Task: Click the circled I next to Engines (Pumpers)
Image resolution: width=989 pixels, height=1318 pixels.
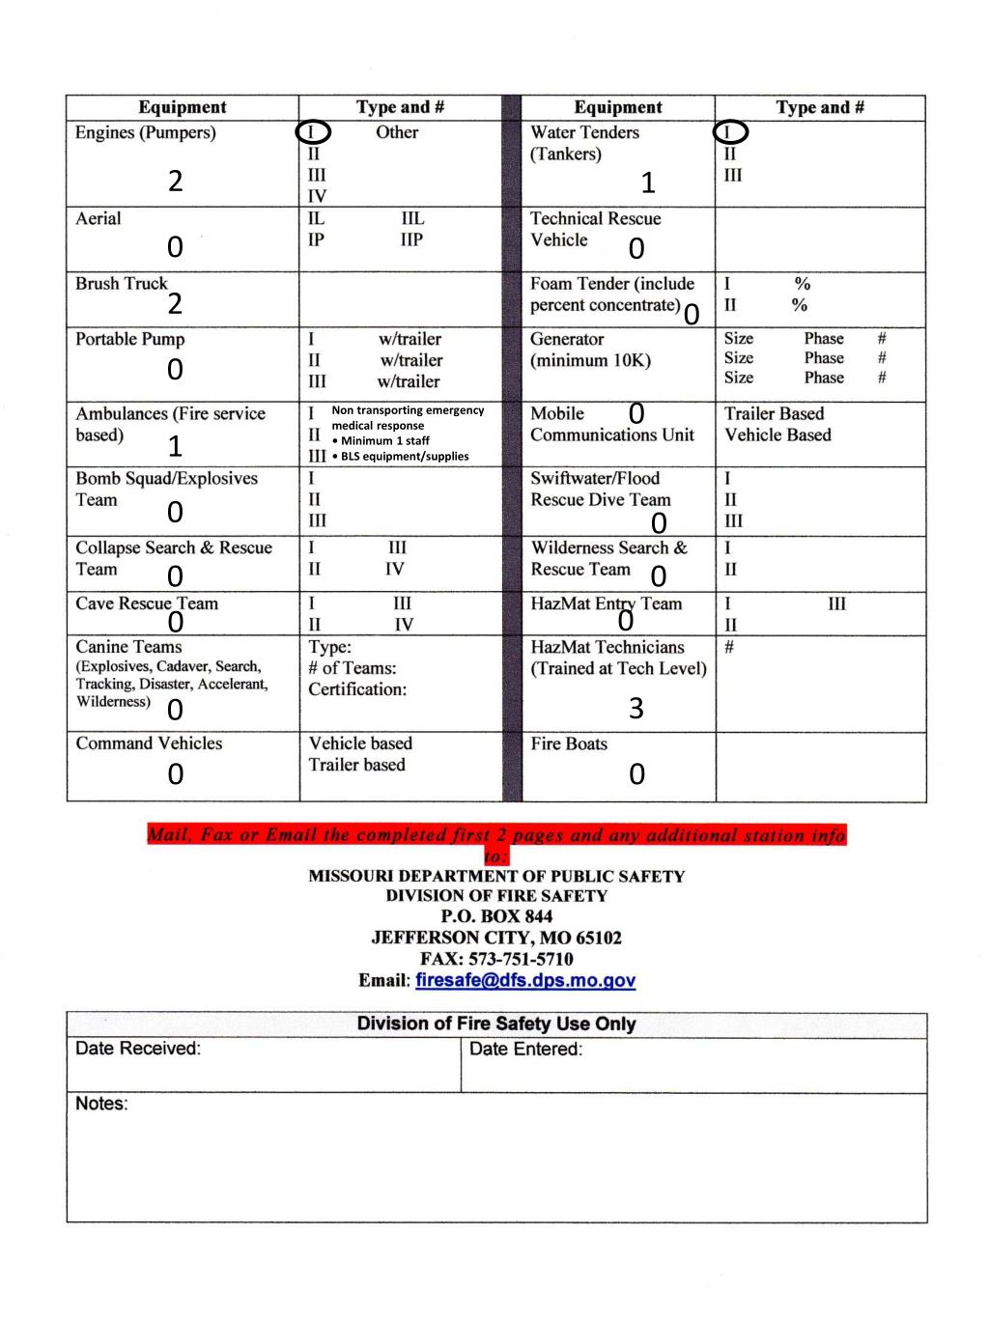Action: (314, 132)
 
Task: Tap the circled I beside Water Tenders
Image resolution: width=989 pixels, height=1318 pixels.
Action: (731, 131)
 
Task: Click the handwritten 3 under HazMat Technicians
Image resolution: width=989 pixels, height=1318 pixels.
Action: (636, 709)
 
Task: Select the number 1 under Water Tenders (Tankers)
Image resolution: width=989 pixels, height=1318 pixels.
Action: (648, 182)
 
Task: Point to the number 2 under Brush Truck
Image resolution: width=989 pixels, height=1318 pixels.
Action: (175, 304)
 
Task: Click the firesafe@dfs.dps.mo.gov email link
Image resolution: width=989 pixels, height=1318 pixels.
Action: (525, 981)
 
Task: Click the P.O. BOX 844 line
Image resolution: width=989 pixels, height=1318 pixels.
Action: (496, 916)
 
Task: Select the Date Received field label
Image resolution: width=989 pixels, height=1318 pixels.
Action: (138, 1049)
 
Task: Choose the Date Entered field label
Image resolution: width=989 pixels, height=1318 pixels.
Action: (525, 1050)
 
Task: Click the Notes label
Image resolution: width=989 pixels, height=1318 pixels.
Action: (101, 1104)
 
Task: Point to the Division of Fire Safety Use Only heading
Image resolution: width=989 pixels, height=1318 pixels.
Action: (496, 1024)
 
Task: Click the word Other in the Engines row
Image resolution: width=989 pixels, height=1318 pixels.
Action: (397, 132)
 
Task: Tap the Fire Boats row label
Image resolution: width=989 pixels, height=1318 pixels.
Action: (569, 743)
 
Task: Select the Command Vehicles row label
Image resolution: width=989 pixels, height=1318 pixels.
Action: (149, 743)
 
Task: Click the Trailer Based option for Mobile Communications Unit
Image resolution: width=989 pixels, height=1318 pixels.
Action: (774, 413)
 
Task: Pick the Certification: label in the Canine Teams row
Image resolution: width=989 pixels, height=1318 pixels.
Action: (357, 689)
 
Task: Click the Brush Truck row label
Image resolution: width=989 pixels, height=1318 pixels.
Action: (122, 283)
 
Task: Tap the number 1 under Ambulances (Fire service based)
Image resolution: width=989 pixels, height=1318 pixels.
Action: (175, 446)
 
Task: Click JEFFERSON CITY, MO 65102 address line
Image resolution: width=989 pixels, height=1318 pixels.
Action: (496, 938)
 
